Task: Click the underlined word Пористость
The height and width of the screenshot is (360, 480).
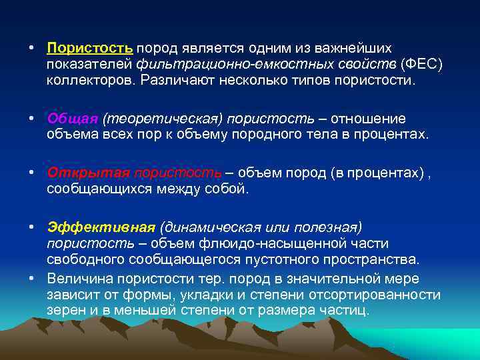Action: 90,49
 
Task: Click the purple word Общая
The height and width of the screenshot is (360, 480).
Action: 72,118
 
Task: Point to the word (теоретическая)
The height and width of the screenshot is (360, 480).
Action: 162,118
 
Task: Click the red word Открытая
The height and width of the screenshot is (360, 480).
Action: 88,173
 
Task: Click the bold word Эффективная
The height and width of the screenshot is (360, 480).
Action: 101,227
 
